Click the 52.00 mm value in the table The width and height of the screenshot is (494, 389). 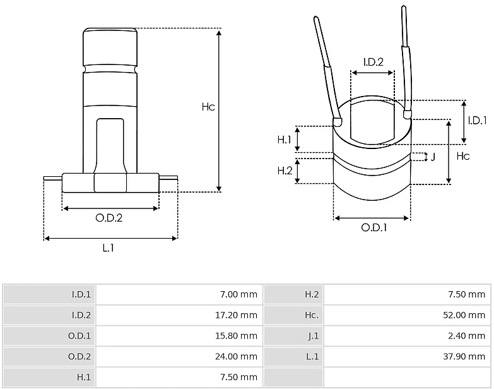pos(464,315)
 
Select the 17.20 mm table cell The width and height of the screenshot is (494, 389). pos(237,315)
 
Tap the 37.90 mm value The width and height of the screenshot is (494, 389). pos(464,356)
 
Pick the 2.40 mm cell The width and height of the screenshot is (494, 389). pos(467,336)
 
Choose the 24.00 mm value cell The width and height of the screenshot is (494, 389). pos(237,356)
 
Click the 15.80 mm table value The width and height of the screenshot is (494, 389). pos(237,336)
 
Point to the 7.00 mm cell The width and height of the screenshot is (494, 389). pos(239,294)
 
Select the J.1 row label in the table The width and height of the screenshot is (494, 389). pos(314,336)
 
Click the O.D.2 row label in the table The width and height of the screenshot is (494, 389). pos(79,356)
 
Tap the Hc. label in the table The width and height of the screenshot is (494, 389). pos(312,315)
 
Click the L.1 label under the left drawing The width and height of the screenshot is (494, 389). pos(109,248)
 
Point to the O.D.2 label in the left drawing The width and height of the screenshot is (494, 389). pos(109,218)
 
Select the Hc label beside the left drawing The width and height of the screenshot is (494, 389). pos(208,107)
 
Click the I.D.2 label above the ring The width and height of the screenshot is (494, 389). pos(373,62)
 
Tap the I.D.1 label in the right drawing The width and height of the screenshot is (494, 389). pos(478,120)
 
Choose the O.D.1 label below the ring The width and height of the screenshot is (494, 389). pos(374,227)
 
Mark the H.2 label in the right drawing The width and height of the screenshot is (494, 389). pos(285,171)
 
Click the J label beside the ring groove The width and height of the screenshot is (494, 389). pos(433,157)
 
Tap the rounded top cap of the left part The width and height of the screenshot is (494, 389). pos(110,47)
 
